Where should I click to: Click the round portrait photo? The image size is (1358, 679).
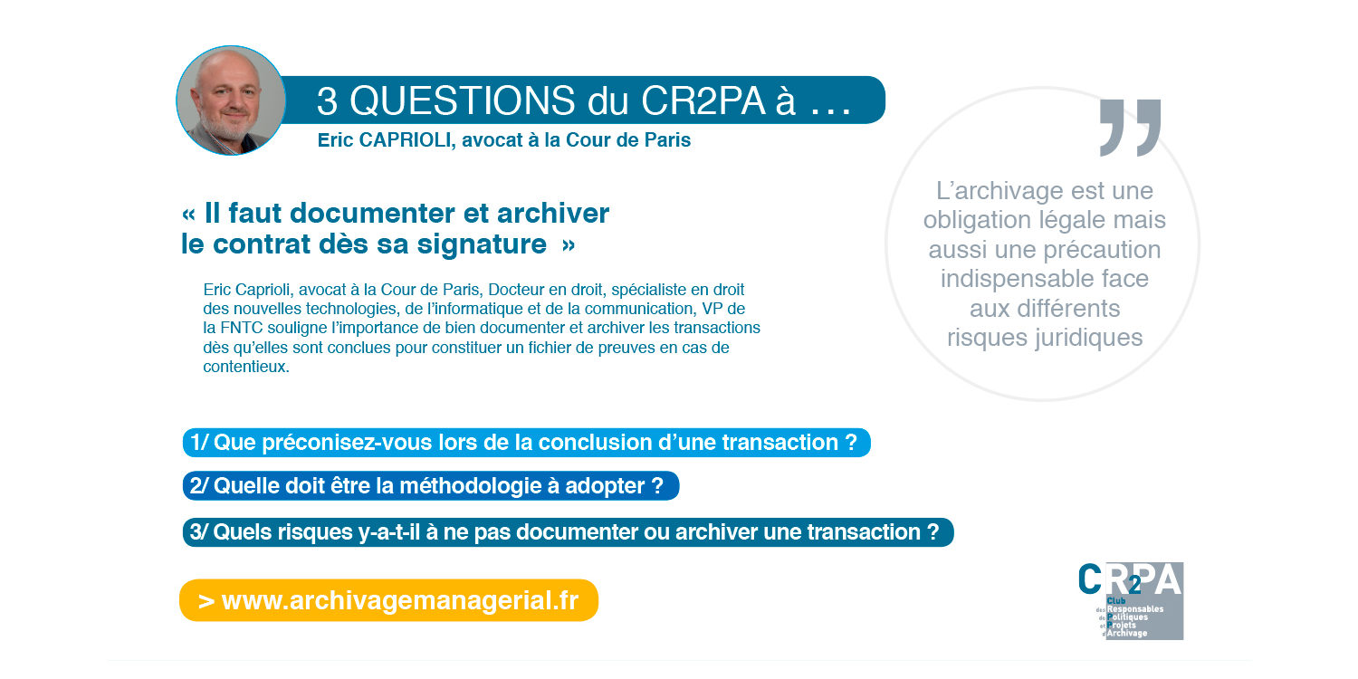230,100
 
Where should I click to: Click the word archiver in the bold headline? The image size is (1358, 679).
554,214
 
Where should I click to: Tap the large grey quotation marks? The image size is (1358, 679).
1130,127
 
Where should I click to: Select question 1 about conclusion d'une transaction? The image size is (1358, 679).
526,443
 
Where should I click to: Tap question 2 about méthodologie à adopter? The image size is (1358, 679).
430,485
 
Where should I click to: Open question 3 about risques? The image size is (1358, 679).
568,532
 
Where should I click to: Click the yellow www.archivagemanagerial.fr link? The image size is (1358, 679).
388,601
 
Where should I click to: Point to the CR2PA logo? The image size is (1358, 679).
1131,600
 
